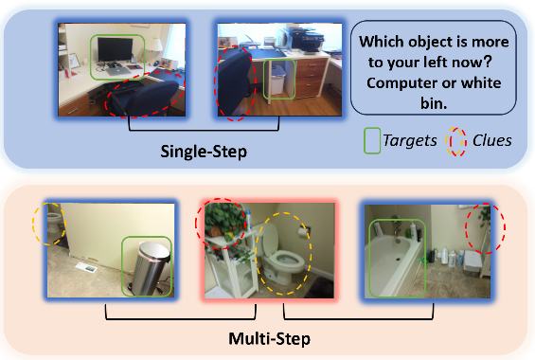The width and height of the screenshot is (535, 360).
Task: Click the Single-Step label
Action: click(204, 152)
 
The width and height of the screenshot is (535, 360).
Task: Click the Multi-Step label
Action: click(270, 339)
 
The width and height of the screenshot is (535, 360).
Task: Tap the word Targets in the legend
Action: click(409, 140)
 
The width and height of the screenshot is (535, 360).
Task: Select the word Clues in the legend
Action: click(492, 140)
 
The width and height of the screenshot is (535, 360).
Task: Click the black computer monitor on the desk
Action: click(115, 50)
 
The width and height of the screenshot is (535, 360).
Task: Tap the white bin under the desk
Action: click(277, 80)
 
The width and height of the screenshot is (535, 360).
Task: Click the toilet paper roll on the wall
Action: click(303, 232)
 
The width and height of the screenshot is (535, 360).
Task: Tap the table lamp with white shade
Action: click(152, 48)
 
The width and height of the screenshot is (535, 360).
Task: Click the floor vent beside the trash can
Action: click(87, 268)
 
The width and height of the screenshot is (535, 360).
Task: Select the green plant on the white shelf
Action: click(223, 218)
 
